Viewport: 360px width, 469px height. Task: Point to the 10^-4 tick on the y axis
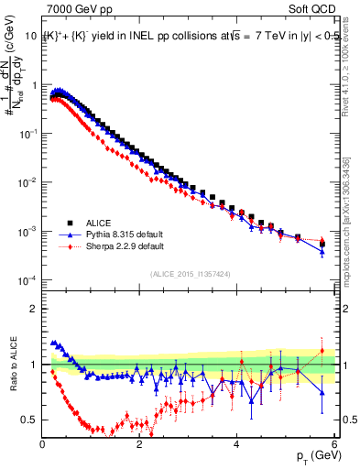(27, 280)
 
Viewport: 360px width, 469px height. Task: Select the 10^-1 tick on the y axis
(27, 133)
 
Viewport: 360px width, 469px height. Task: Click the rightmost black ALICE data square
(322, 245)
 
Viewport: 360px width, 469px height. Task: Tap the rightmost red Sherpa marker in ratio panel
(322, 351)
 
